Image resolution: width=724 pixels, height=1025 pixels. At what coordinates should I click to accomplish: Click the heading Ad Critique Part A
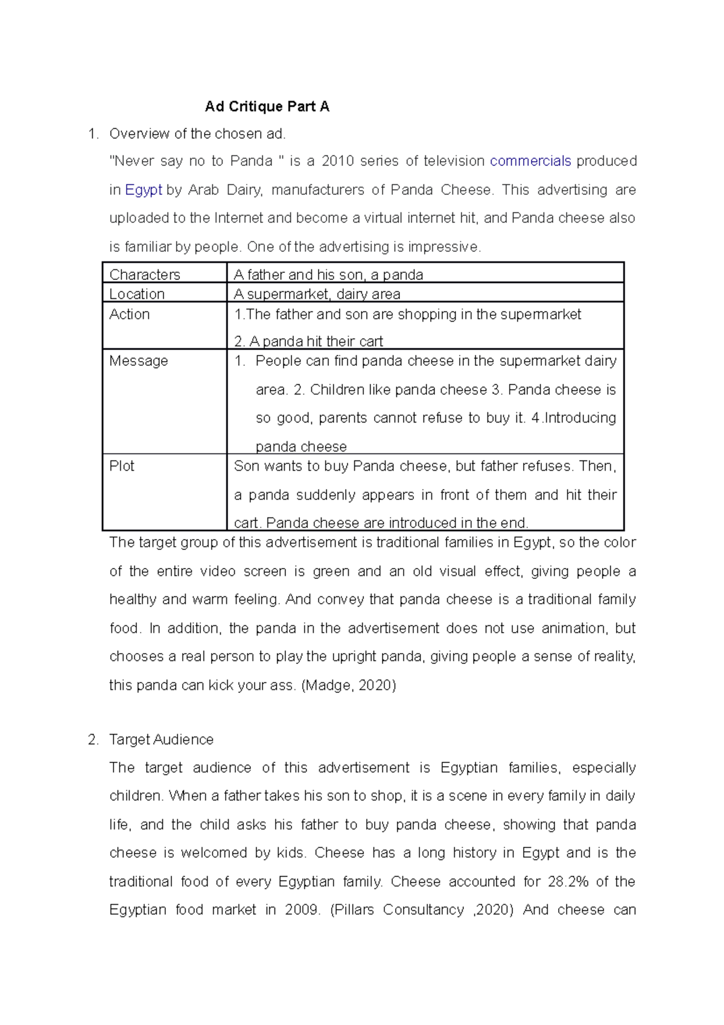point(267,107)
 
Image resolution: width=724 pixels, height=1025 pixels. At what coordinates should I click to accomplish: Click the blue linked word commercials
point(530,161)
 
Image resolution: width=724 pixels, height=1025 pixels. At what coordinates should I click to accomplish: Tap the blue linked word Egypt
point(144,190)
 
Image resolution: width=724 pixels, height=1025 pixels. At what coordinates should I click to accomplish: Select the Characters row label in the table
point(145,275)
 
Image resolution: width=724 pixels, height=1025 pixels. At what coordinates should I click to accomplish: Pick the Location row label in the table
point(137,294)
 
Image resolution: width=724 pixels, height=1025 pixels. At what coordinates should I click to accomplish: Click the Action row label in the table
point(130,315)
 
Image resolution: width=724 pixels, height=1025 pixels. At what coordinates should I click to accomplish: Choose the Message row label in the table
point(139,361)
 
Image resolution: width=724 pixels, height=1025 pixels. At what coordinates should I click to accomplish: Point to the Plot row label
point(122,466)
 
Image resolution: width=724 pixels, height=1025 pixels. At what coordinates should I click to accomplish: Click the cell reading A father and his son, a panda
point(328,275)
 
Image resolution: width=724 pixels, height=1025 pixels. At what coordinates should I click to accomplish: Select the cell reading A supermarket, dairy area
point(317,294)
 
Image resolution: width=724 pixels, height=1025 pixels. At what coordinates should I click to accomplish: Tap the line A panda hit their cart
point(309,342)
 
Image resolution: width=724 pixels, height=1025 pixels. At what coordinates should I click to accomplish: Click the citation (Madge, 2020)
point(348,686)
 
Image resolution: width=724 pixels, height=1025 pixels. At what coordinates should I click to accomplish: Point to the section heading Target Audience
point(161,739)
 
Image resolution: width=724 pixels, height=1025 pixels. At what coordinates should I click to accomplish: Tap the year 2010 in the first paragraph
point(338,161)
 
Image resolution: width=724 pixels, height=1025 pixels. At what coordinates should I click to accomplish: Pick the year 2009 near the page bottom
point(301,910)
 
